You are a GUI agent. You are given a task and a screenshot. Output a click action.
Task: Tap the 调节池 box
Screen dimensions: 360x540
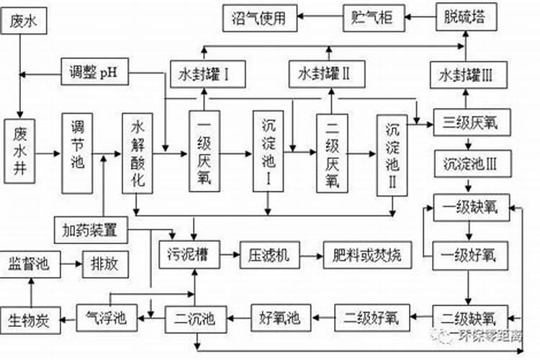click(78, 152)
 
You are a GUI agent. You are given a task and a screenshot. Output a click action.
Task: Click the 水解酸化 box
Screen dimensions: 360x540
click(138, 153)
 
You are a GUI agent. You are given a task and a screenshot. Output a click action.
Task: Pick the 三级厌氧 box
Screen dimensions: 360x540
click(472, 122)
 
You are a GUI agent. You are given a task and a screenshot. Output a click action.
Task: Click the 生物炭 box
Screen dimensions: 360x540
click(29, 318)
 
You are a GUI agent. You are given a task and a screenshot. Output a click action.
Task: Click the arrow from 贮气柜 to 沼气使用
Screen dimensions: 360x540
click(320, 17)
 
